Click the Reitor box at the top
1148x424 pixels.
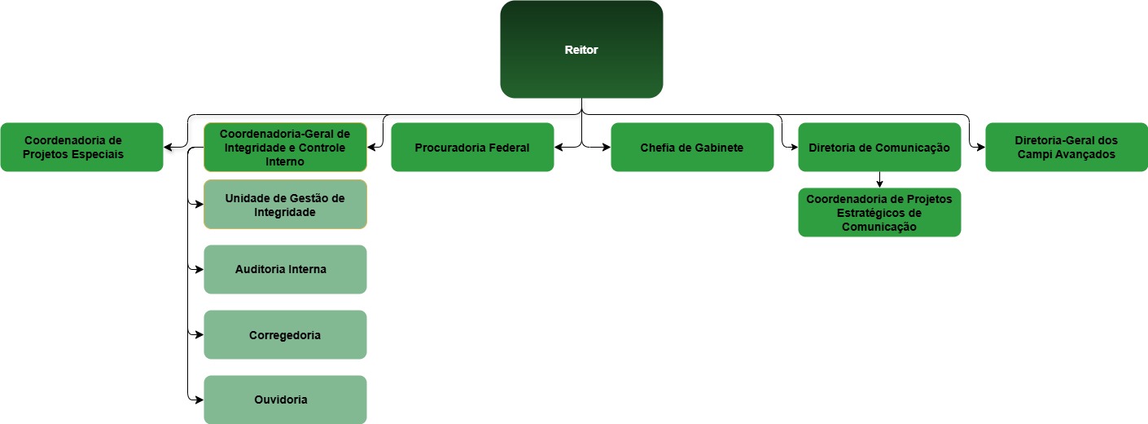click(581, 50)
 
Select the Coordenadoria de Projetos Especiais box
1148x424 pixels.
click(81, 147)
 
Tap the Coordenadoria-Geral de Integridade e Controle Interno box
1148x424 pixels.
click(285, 147)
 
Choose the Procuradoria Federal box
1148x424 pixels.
click(472, 147)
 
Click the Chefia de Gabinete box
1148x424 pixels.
click(692, 147)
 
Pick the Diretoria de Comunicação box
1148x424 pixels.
click(879, 147)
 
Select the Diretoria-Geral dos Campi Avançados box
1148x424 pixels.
click(1067, 147)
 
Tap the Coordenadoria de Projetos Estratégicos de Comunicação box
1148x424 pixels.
click(879, 212)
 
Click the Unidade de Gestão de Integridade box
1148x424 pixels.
click(285, 204)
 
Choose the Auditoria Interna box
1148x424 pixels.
click(285, 269)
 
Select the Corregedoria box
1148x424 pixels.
click(285, 334)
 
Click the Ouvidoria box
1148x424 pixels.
click(285, 400)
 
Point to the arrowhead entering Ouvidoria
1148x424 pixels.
click(199, 400)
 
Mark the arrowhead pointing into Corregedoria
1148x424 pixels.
click(199, 334)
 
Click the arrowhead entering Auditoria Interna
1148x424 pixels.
click(199, 269)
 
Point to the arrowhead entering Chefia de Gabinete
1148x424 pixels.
click(607, 148)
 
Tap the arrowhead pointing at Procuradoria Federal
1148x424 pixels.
click(559, 148)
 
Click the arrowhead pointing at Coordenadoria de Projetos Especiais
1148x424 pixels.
click(168, 148)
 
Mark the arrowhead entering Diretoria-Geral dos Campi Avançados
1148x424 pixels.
click(981, 148)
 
